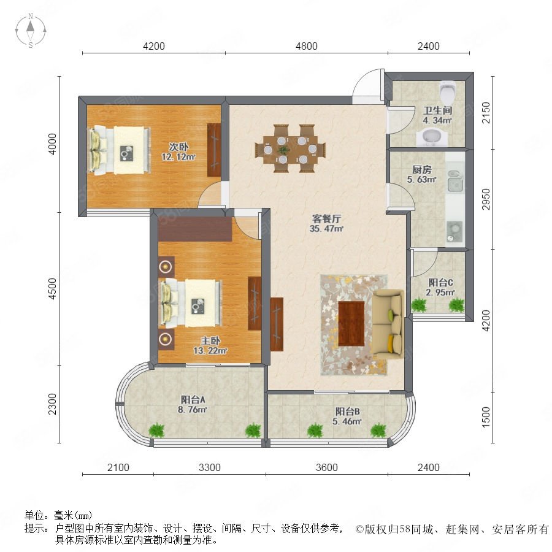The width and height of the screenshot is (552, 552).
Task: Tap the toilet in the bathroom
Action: tap(448, 91)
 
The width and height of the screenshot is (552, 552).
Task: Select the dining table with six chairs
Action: tap(290, 148)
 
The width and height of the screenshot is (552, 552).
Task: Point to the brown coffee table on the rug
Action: tap(351, 323)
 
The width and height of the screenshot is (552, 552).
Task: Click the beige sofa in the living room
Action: tap(388, 323)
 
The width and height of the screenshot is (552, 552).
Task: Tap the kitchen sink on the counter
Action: tap(454, 181)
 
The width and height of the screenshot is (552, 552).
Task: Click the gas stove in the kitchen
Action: tap(454, 231)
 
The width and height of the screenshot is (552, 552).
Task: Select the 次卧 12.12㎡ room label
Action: tap(178, 151)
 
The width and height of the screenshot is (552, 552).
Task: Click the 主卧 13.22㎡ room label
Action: tap(210, 345)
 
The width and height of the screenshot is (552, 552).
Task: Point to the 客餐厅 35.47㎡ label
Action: tap(326, 223)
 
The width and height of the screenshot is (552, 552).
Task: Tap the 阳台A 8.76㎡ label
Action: tap(192, 405)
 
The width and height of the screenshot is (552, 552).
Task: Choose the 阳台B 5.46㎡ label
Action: tap(347, 416)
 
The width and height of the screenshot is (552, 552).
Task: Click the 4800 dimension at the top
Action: tap(306, 46)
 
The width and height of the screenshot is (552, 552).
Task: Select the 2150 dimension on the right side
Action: tap(486, 113)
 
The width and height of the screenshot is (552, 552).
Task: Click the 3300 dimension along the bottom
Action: tap(210, 467)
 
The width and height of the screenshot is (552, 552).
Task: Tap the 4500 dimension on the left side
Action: tap(52, 289)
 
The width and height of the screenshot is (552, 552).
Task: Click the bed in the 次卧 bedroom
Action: tap(120, 150)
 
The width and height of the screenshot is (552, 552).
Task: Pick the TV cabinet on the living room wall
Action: tap(277, 324)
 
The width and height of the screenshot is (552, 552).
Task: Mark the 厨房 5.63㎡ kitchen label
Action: tap(422, 175)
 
